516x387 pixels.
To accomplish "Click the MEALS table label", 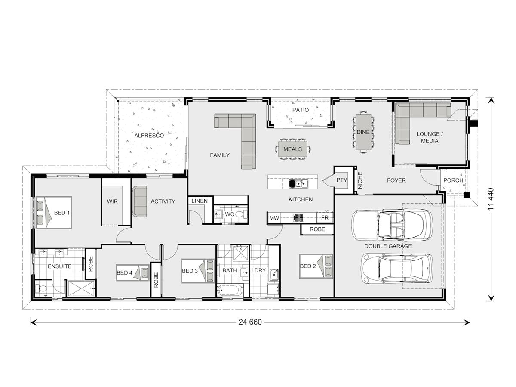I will (292, 149).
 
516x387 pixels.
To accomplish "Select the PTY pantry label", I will (341, 180).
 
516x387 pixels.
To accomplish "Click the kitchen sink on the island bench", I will (298, 184).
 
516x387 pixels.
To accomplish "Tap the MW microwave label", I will (274, 218).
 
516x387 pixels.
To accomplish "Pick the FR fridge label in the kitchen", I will (325, 218).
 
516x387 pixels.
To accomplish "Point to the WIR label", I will (112, 201).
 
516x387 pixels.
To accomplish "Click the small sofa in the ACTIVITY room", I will (140, 201).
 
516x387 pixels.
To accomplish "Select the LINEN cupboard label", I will (200, 201).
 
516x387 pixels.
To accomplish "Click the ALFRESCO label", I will (149, 135).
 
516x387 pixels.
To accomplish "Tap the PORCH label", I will (453, 180).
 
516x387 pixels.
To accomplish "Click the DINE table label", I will (363, 132).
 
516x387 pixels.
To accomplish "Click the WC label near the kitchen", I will (230, 214).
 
